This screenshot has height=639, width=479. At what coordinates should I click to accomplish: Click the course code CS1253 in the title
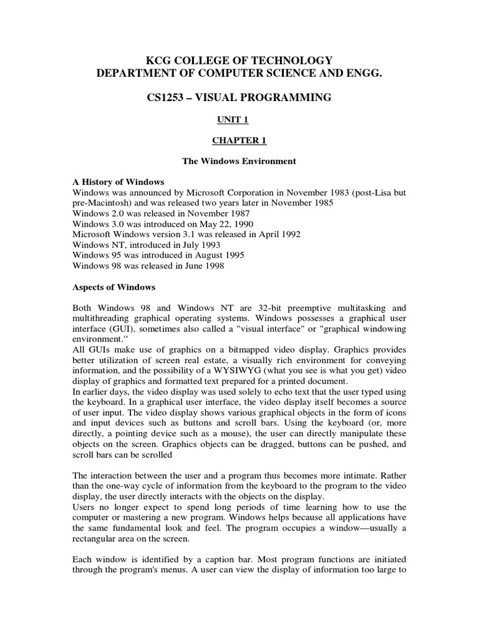pyautogui.click(x=166, y=97)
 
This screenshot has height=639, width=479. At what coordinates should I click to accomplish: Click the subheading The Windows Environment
pyautogui.click(x=239, y=161)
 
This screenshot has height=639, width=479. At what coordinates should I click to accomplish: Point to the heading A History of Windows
pyautogui.click(x=118, y=182)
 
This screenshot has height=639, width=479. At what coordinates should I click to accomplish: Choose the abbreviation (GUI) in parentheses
pyautogui.click(x=122, y=329)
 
